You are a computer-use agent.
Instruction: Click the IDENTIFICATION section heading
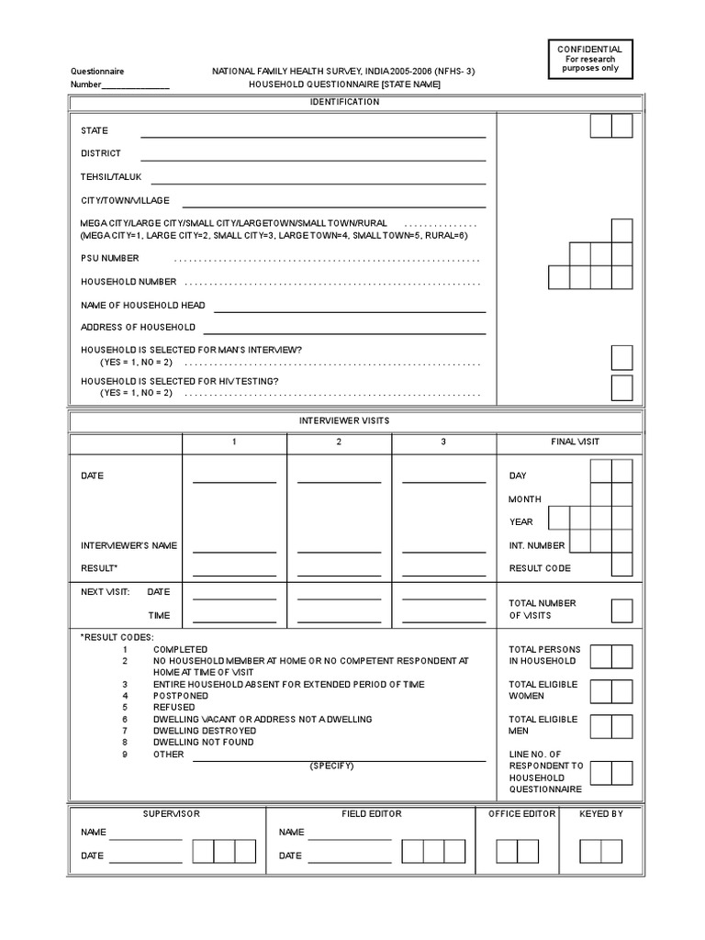[345, 102]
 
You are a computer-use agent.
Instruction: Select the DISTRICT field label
[100, 154]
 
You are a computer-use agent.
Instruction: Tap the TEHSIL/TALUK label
[110, 177]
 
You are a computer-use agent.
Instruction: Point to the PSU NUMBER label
[109, 259]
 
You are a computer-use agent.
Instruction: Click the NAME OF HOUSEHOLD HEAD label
[142, 306]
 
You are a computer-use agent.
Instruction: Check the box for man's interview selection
[621, 356]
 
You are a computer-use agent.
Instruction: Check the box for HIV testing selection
[621, 387]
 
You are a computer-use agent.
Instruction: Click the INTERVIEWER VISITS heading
[345, 420]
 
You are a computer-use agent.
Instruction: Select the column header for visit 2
[339, 442]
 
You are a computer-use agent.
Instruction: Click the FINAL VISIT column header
[575, 442]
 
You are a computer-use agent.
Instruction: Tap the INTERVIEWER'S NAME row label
[129, 546]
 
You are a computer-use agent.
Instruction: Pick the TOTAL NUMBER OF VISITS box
[621, 610]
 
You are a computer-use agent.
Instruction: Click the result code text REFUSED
[174, 708]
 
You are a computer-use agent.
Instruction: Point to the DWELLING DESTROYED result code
[204, 731]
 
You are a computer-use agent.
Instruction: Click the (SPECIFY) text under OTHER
[331, 766]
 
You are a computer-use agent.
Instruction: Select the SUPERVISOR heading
[171, 814]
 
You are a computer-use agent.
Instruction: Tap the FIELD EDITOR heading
[371, 814]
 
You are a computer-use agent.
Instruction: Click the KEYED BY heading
[601, 814]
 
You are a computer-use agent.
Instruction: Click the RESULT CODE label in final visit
[540, 569]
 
